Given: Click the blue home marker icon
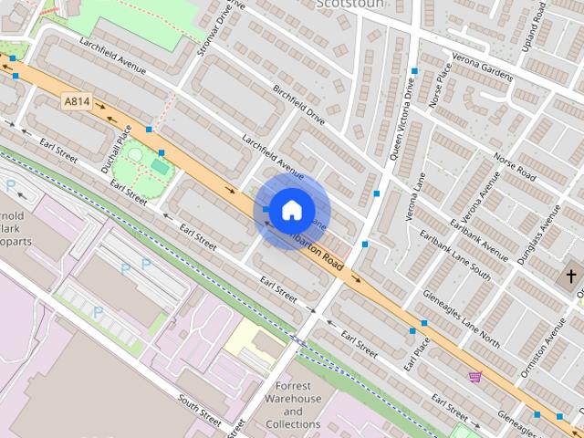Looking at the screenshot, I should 291,210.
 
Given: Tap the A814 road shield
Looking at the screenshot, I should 77,100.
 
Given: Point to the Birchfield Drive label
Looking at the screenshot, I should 298,106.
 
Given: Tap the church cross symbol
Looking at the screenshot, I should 571,275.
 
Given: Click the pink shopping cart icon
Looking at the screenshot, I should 474,376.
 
